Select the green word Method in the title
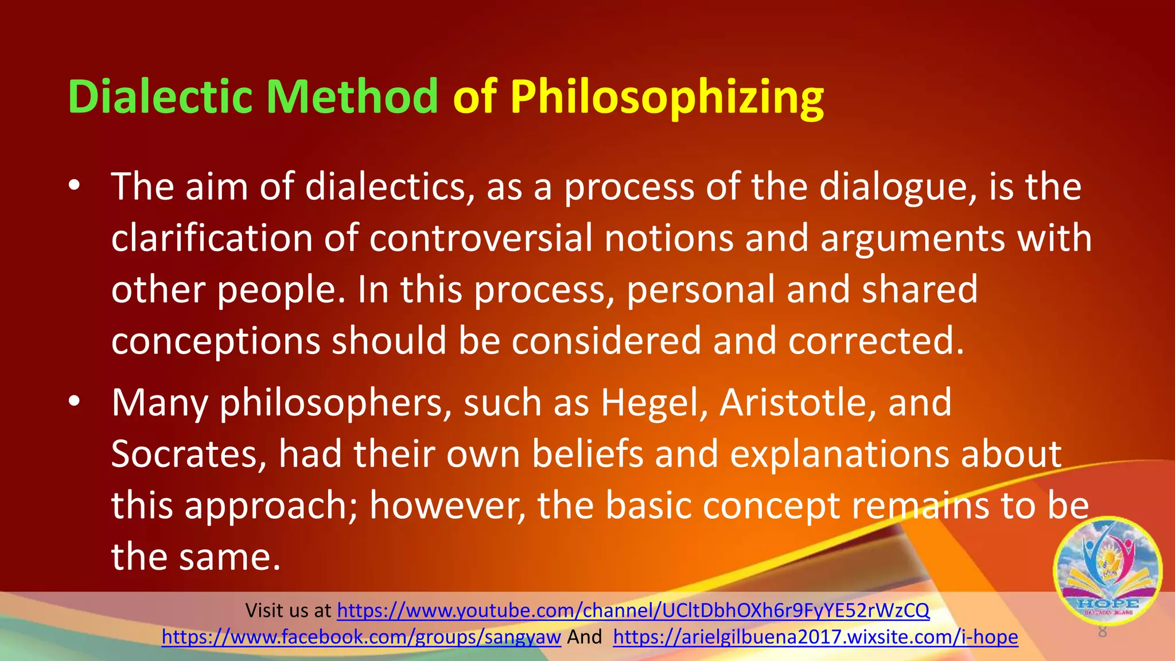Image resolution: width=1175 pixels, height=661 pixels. [352, 96]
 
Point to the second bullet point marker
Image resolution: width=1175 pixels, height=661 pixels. [74, 402]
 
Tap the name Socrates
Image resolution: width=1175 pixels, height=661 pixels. [189, 454]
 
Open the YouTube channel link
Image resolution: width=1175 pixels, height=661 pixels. [633, 611]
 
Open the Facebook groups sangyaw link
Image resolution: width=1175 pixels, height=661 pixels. [361, 637]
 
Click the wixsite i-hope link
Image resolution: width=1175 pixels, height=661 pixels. [815, 637]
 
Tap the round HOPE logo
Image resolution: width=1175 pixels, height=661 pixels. [1107, 571]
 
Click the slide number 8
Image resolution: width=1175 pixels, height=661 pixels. [1102, 632]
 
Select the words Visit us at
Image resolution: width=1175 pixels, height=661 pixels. [288, 611]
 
